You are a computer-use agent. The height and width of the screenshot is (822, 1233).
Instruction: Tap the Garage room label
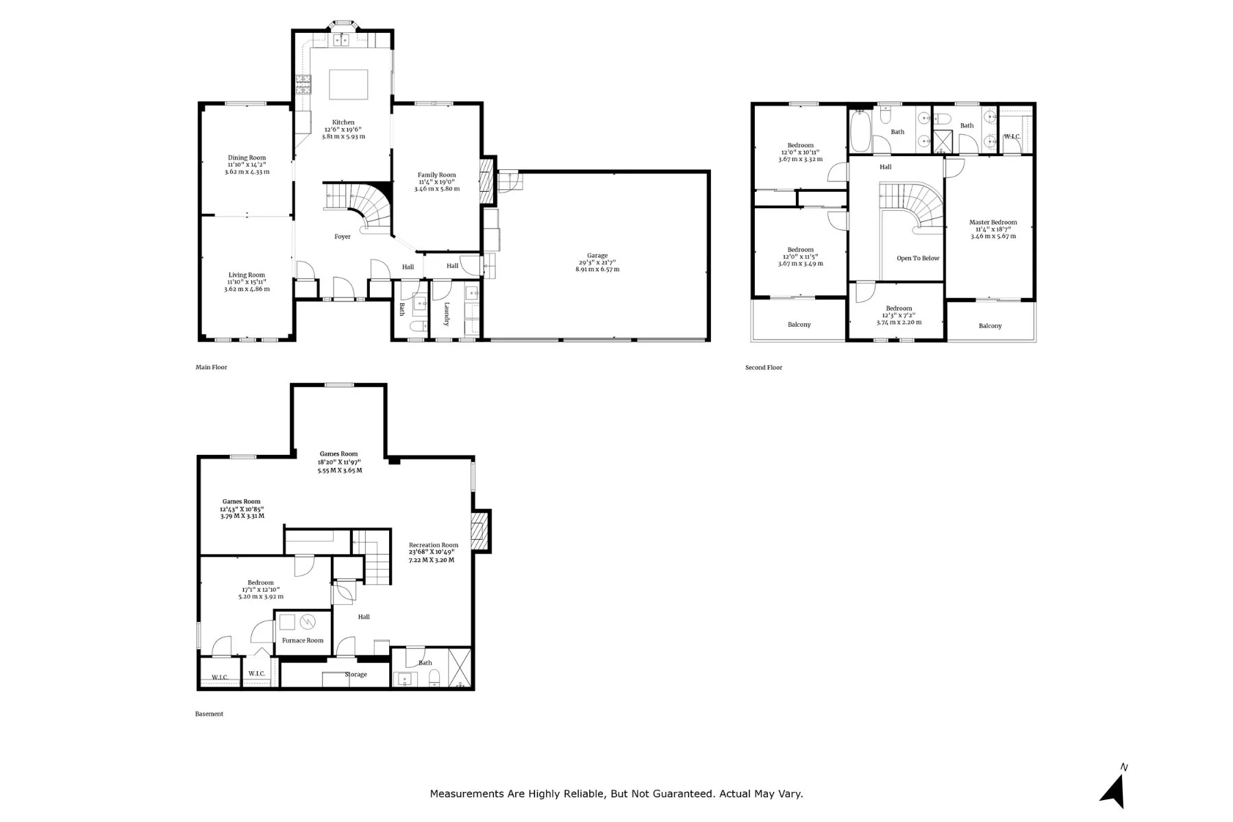(597, 256)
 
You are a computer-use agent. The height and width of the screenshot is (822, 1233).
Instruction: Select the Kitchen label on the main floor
(343, 123)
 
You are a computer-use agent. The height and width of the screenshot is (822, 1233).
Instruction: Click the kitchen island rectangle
(349, 85)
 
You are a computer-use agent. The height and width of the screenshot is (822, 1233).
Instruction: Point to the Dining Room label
(247, 158)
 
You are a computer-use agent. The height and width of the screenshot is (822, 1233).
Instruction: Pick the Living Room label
(247, 275)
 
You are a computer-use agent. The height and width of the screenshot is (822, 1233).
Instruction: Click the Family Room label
(437, 175)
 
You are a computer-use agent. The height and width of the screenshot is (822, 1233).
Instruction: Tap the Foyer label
(342, 237)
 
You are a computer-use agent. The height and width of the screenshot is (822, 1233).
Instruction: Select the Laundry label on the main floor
(447, 314)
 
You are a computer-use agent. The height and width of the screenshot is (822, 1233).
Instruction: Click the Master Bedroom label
(993, 223)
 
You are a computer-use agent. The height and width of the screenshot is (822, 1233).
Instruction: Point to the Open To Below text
(918, 258)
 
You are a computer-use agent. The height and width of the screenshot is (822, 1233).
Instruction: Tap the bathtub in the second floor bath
(860, 132)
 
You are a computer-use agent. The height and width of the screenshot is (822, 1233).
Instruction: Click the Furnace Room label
(303, 641)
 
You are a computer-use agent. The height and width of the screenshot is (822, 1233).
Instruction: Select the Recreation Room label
(434, 545)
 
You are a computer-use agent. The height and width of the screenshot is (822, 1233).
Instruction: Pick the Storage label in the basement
(356, 675)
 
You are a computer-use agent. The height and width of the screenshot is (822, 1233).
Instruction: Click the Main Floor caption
(212, 368)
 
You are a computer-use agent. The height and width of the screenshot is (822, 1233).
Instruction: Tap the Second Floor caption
(764, 368)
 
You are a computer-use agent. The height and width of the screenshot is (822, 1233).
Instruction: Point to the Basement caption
(209, 714)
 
